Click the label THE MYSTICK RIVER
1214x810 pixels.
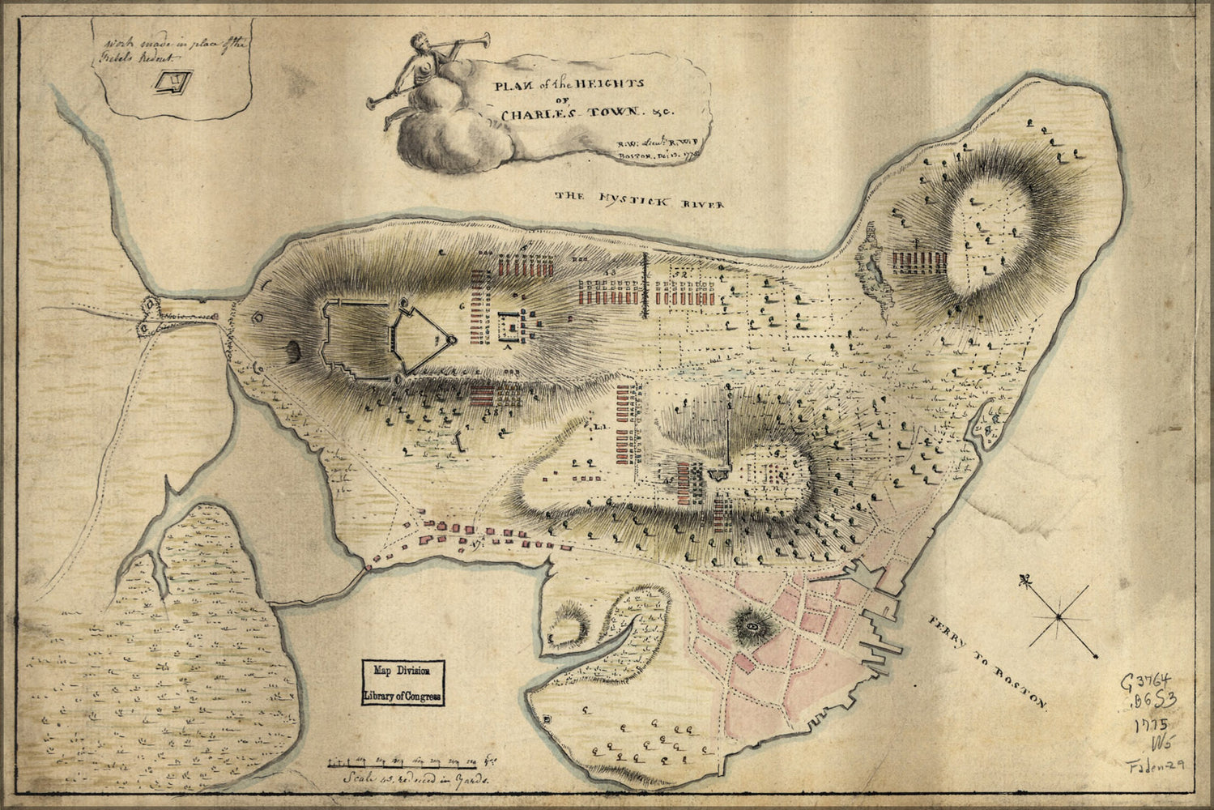click(639, 199)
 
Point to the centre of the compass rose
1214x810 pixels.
click(1058, 617)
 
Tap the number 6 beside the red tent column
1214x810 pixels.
click(462, 306)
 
